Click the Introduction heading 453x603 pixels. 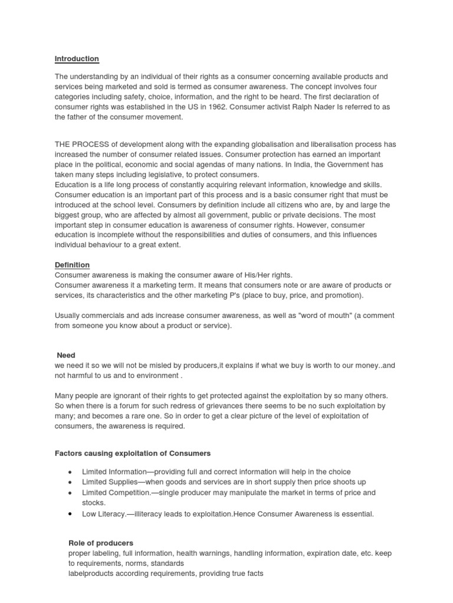click(x=77, y=59)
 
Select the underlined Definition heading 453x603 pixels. click(x=72, y=266)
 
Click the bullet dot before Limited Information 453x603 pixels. click(x=70, y=472)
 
